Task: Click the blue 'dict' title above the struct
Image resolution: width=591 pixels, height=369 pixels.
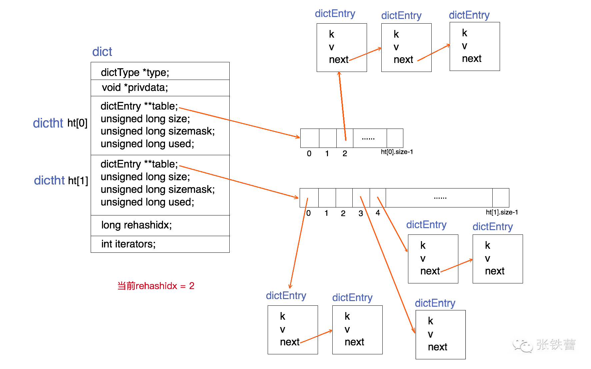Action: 102,52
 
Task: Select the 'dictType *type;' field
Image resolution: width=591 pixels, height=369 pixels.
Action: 135,72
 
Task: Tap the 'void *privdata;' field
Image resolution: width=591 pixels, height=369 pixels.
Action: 135,88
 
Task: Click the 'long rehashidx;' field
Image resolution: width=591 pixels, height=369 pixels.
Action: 136,225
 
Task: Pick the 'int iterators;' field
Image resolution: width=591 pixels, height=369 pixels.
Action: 128,244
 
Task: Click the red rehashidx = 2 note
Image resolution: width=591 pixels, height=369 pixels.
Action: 156,286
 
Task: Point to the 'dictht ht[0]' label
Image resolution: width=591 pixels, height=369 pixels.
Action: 60,123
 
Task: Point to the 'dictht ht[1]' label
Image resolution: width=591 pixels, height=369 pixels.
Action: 61,181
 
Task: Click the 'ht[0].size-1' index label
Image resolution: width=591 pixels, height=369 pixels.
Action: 397,152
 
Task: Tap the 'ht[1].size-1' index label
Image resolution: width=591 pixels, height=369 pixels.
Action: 502,212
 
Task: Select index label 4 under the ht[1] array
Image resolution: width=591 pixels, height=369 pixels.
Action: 378,213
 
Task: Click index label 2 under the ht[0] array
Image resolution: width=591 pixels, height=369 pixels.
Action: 345,154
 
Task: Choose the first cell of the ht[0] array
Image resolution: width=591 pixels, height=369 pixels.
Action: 310,138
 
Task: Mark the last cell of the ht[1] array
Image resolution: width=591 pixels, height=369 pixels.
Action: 501,198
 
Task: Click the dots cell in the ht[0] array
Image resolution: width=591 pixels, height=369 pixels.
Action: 368,138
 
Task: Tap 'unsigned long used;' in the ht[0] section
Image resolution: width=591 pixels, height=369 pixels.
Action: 147,144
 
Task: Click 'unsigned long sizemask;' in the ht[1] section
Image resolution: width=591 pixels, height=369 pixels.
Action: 158,189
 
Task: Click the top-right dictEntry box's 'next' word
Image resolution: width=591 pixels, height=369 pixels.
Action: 471,59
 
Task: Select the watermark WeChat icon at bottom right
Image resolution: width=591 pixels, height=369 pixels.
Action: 522,346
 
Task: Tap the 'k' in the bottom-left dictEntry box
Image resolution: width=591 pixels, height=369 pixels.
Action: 283,316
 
